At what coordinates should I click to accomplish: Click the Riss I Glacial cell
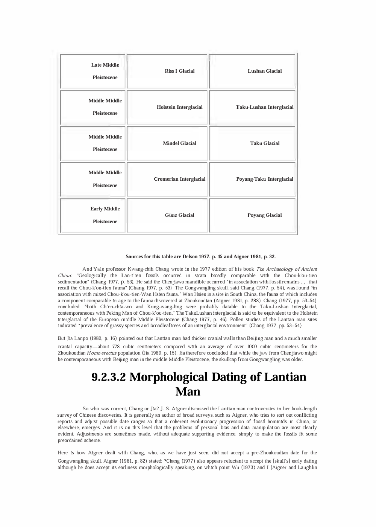point(179,71)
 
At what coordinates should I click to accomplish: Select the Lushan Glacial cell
point(264,71)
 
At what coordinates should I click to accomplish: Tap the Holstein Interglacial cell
point(179,107)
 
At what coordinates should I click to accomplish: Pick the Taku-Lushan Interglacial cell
point(264,107)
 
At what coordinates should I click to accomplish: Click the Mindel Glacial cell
point(179,143)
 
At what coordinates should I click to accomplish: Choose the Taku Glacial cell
point(264,143)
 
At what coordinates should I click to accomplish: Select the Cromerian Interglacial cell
point(179,179)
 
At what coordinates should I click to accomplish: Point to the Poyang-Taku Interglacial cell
point(264,179)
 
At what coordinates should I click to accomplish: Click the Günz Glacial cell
point(179,215)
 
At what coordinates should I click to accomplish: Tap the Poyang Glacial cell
point(264,215)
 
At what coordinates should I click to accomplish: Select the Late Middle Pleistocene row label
point(105,71)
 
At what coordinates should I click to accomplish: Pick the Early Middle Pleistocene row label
point(105,215)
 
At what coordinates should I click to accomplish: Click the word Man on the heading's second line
point(188,392)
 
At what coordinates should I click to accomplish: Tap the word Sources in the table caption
point(133,257)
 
